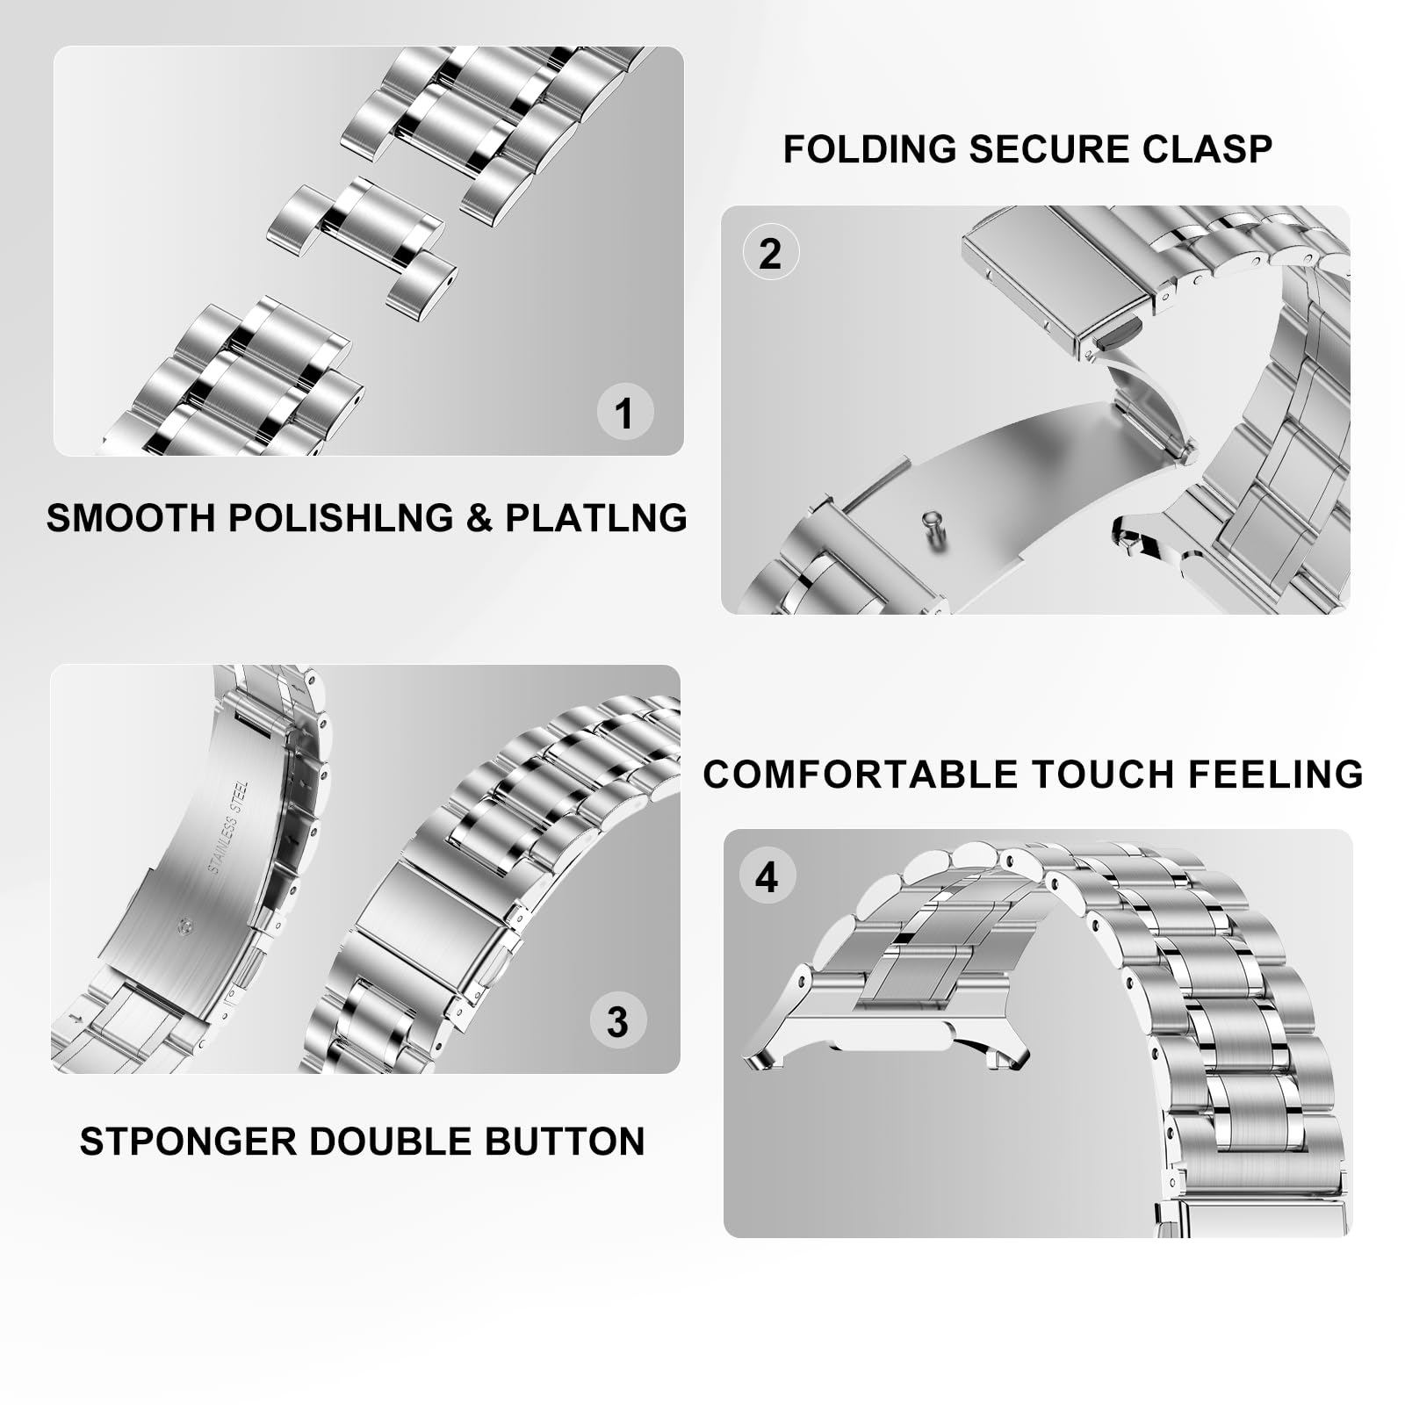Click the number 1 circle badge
pyautogui.click(x=624, y=413)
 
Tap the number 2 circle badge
pyautogui.click(x=770, y=253)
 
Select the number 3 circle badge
pyautogui.click(x=617, y=1021)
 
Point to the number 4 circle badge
pyautogui.click(x=767, y=876)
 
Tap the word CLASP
pyautogui.click(x=1208, y=149)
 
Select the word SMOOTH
pyautogui.click(x=131, y=517)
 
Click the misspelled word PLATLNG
pyautogui.click(x=595, y=517)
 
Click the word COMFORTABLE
pyautogui.click(x=861, y=775)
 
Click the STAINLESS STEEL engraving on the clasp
pyautogui.click(x=228, y=827)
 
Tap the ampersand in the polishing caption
pyautogui.click(x=479, y=517)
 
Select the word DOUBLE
pyautogui.click(x=392, y=1142)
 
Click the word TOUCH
pyautogui.click(x=1103, y=775)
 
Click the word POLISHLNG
pyautogui.click(x=341, y=517)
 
